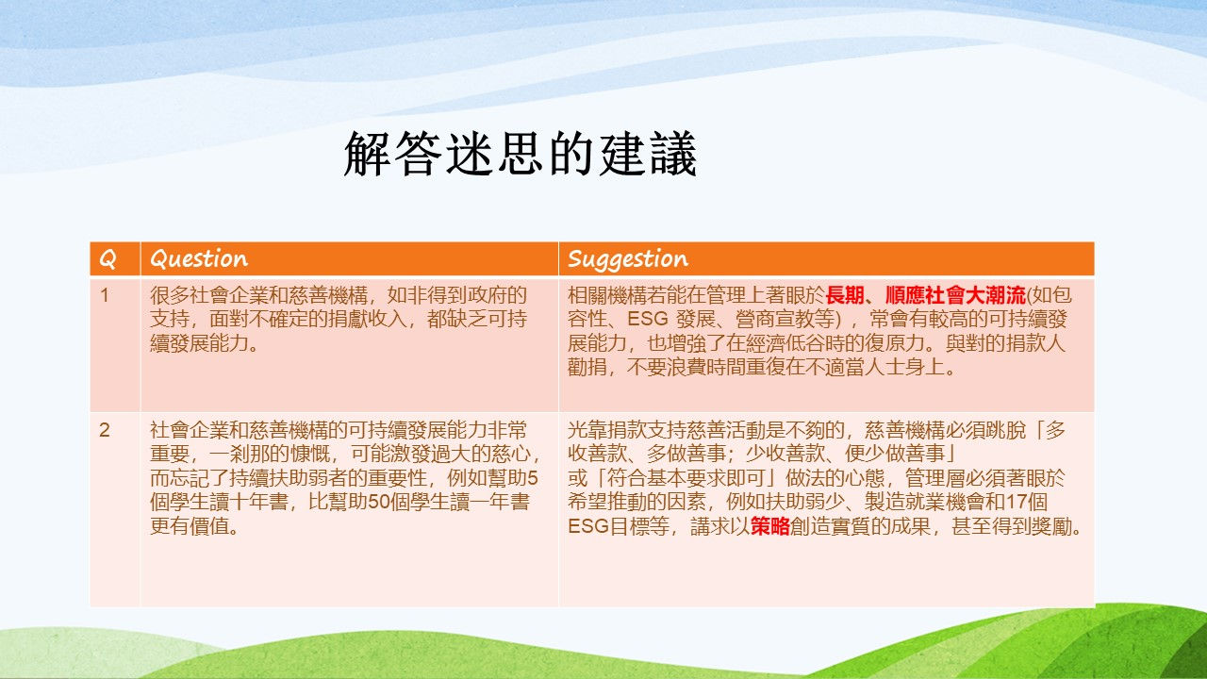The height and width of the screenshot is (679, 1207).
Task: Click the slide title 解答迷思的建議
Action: (x=521, y=154)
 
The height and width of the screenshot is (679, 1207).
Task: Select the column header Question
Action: (x=199, y=259)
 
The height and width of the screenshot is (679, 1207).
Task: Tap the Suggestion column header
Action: (x=628, y=259)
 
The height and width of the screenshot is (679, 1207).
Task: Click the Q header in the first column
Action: (x=107, y=259)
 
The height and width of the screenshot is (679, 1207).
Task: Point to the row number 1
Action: (x=105, y=295)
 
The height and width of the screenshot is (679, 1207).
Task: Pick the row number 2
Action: (x=105, y=430)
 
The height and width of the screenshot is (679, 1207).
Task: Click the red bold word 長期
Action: (x=846, y=295)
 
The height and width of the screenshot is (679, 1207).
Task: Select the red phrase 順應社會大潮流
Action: (x=955, y=295)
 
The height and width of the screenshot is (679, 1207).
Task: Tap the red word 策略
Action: (x=770, y=526)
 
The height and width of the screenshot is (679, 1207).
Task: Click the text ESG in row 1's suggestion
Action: (x=648, y=319)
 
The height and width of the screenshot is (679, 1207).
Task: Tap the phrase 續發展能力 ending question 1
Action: (x=199, y=343)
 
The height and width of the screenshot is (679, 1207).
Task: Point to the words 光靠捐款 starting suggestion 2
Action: (x=607, y=430)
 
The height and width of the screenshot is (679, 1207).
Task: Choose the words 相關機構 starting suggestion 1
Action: (x=607, y=295)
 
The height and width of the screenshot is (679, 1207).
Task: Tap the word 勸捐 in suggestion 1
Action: (x=587, y=367)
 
